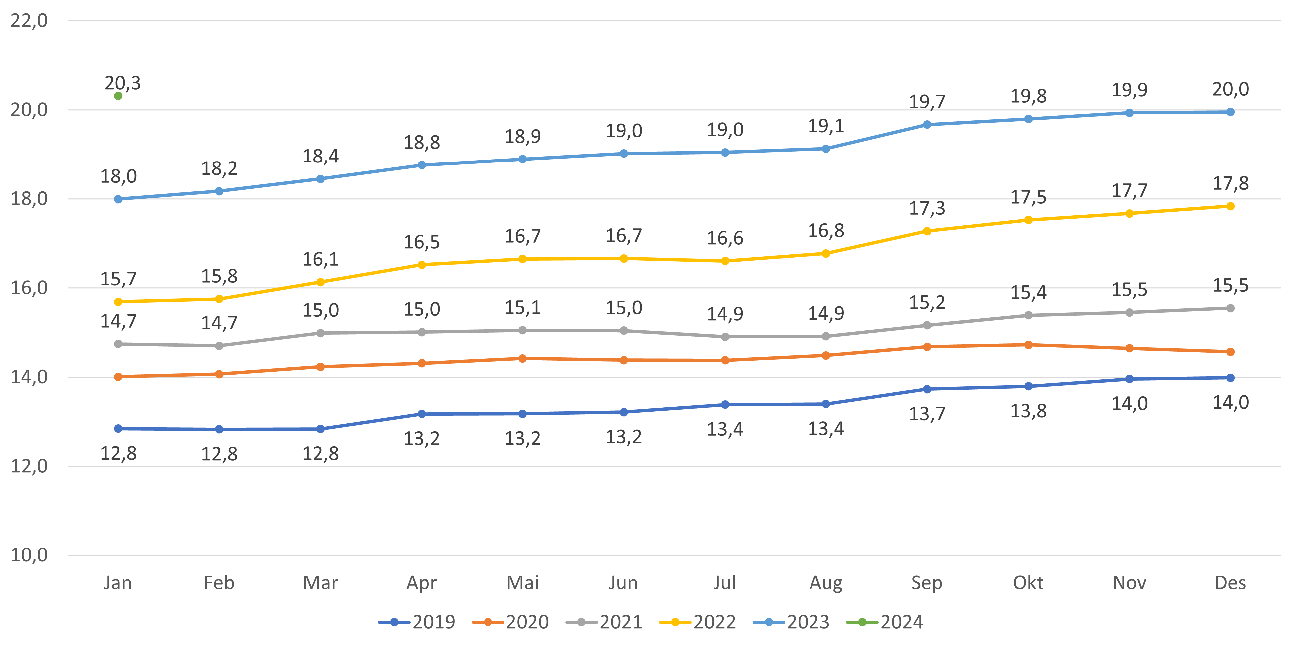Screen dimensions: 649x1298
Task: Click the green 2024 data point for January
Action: point(118,96)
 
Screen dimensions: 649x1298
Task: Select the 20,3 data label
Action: point(123,83)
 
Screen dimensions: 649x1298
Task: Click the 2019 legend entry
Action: point(417,622)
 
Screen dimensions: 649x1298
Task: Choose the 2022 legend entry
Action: point(698,622)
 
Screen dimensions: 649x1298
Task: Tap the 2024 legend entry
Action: point(885,622)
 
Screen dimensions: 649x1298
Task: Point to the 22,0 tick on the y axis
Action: point(29,21)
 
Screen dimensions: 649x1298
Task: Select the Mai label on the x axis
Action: point(522,583)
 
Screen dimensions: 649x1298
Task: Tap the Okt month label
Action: point(1028,583)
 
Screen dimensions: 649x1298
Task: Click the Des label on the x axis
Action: point(1230,583)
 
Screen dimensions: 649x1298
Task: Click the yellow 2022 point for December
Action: point(1230,206)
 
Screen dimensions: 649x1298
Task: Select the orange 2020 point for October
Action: point(1028,345)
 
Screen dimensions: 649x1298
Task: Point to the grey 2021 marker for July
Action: point(725,337)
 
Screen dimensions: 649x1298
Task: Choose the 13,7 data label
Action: point(927,414)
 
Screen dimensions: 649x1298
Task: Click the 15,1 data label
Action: point(522,307)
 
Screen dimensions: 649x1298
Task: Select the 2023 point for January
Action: point(118,199)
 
